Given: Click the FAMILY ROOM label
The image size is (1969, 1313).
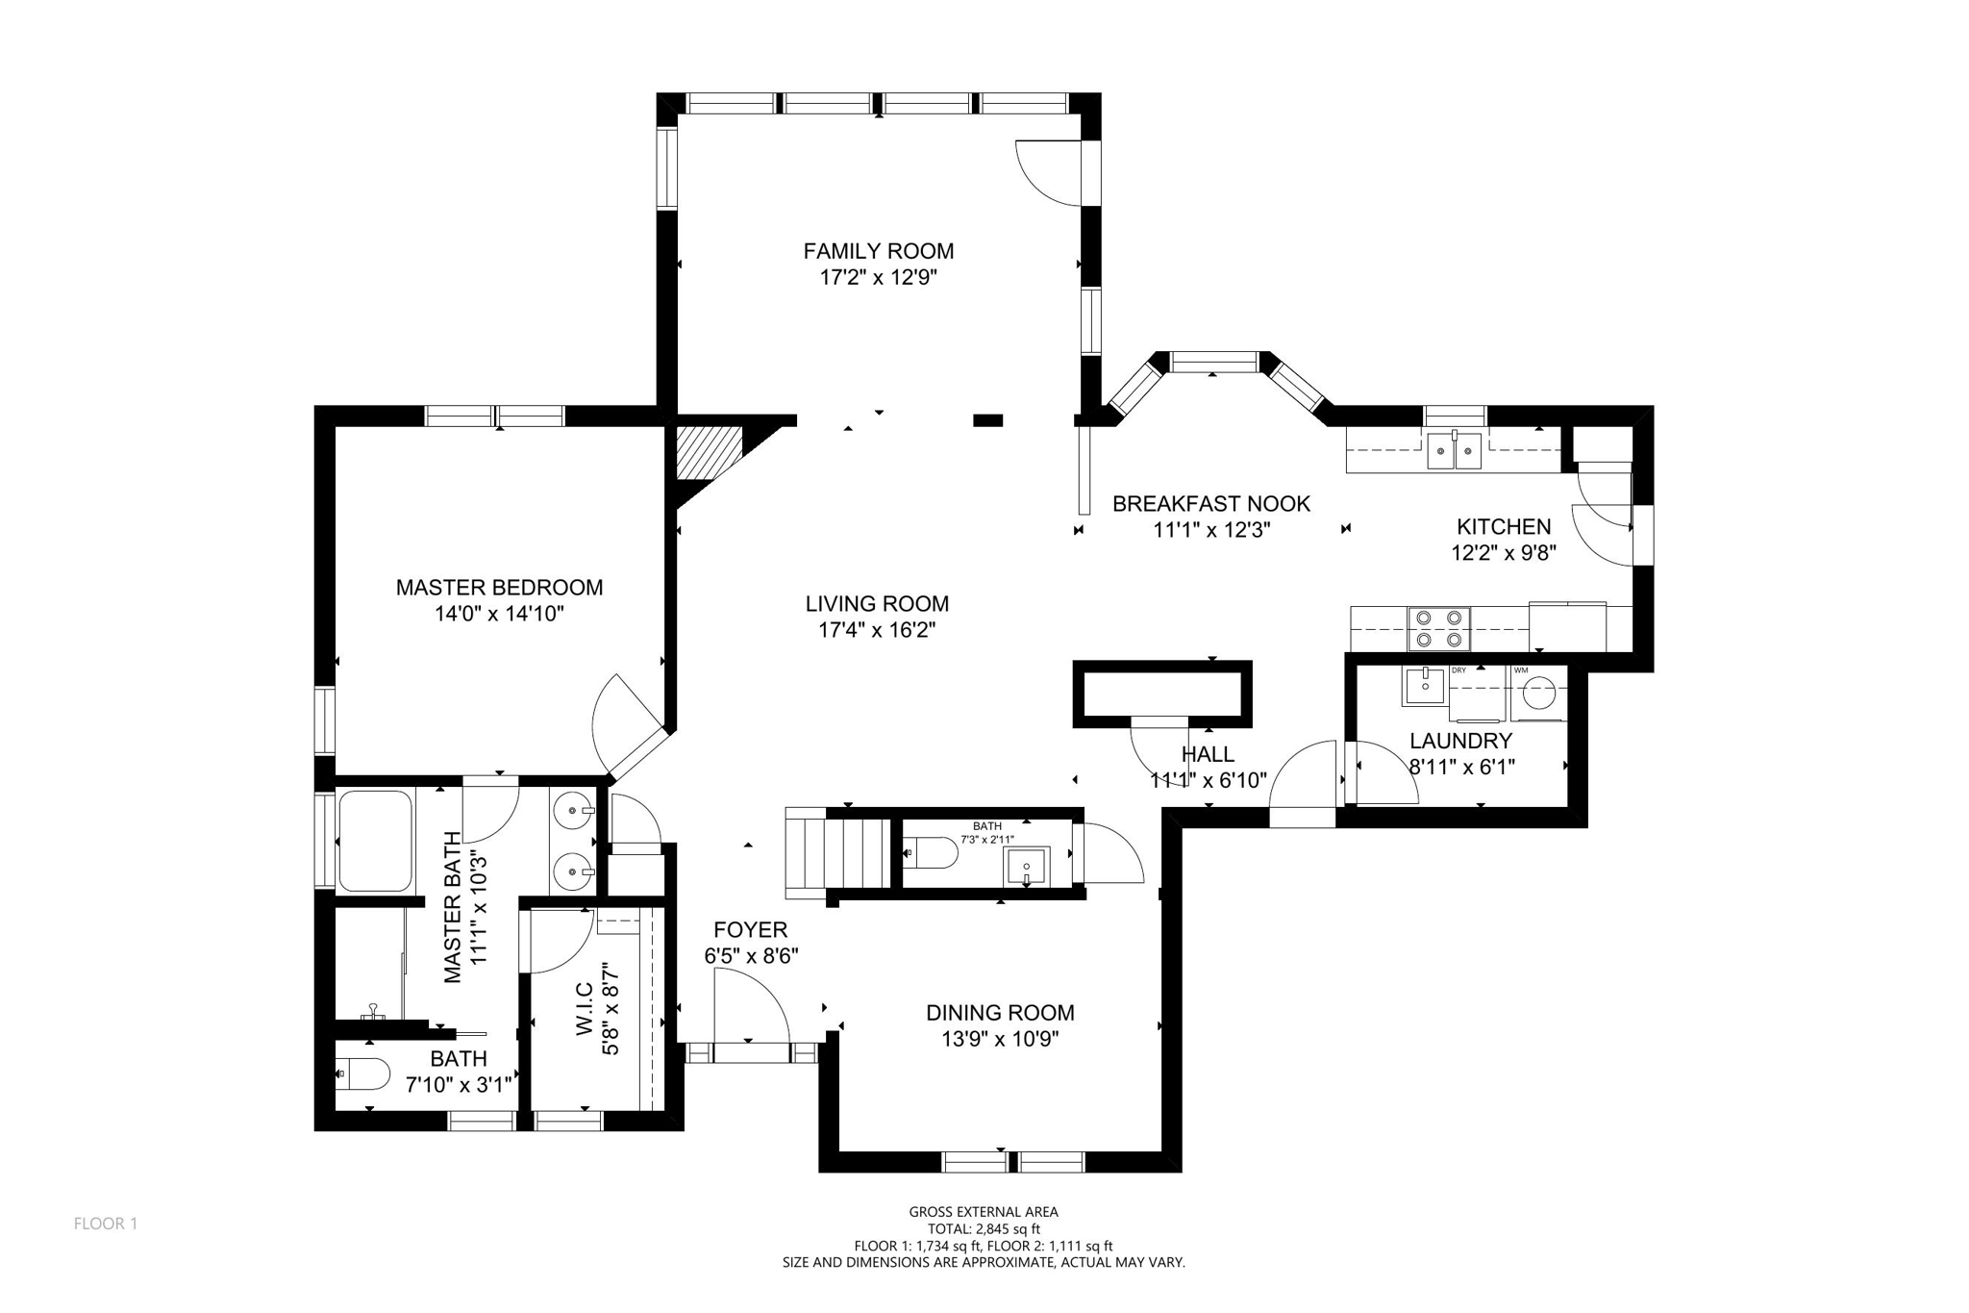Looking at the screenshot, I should tap(878, 251).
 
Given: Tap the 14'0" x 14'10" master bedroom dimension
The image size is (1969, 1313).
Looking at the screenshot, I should tap(499, 614).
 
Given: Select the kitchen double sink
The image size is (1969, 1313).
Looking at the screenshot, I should tap(1455, 450).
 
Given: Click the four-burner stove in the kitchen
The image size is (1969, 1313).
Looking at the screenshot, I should tap(1439, 627).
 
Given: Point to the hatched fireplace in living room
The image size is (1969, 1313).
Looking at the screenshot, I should tap(710, 453).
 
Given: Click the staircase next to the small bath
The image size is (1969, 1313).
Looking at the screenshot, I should tap(838, 854).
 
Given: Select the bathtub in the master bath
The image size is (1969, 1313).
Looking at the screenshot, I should tap(375, 841).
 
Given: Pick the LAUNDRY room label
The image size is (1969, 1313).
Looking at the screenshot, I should tap(1460, 741).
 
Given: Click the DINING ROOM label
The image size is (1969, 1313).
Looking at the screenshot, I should tap(1000, 1012).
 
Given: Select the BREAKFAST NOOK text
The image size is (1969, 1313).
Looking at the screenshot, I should tap(1210, 503).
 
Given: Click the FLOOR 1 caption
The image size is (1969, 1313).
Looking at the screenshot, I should tap(106, 1224).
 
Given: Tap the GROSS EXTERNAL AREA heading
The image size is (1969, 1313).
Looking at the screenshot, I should tap(984, 1212).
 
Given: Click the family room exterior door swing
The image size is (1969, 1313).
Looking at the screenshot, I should tap(1051, 173).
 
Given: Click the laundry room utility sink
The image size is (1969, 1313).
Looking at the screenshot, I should tap(1424, 687).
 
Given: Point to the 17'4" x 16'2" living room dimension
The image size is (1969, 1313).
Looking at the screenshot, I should tap(876, 630).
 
